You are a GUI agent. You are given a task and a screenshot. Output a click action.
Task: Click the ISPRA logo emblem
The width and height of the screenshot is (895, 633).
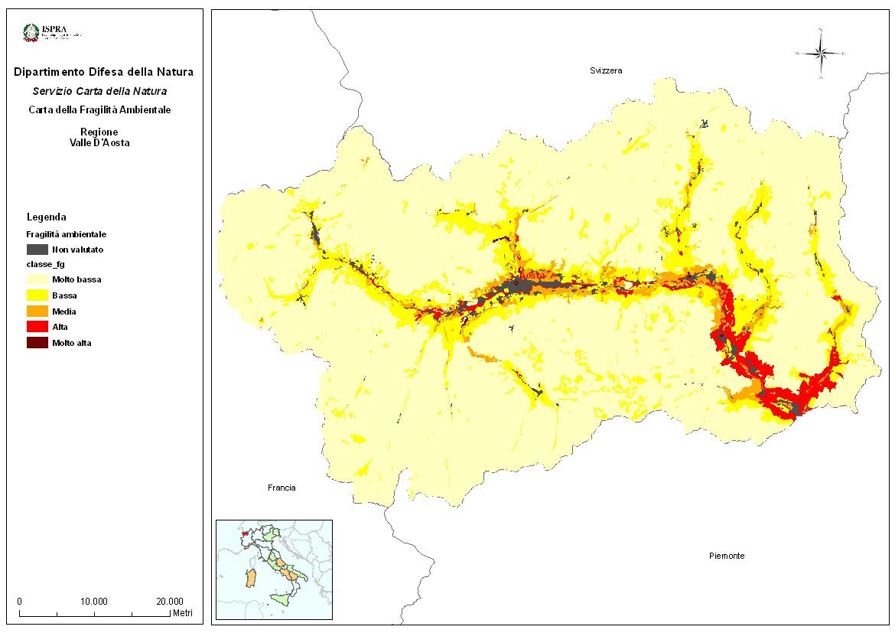coord(31,33)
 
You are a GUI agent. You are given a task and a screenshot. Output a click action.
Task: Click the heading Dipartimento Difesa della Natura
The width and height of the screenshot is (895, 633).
coord(103,73)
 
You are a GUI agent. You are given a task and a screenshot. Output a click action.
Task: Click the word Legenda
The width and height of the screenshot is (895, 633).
coord(47,217)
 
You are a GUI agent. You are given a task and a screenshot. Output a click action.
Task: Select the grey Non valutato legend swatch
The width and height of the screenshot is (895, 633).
coord(37,250)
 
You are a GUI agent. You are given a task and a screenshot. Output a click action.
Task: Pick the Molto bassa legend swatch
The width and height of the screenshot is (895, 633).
coord(37,280)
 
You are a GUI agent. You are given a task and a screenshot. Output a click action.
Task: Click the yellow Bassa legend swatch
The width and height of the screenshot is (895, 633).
coord(37,295)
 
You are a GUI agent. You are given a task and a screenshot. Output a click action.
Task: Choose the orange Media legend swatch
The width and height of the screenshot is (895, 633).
coord(37,312)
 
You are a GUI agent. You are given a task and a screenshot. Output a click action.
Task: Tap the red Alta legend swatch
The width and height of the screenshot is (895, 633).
coord(37,327)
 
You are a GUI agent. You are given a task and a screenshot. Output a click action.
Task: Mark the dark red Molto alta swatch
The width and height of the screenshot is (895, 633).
coord(37,343)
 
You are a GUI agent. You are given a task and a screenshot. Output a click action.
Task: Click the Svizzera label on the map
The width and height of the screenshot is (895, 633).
coord(606,70)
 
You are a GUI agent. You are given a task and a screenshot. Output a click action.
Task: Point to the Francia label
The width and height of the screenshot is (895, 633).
coord(282,488)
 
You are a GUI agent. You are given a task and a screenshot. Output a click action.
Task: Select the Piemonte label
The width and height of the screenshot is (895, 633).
coord(726,556)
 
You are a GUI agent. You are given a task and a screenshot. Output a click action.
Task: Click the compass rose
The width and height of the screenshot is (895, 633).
coord(820,54)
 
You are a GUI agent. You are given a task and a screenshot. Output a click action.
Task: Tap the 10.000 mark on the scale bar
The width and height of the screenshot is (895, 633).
coord(95,601)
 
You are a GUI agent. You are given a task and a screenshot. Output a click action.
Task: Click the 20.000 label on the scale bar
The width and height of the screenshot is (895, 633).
coord(170,601)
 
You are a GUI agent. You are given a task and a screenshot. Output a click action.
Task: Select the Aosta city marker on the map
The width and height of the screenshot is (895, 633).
coord(516,283)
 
